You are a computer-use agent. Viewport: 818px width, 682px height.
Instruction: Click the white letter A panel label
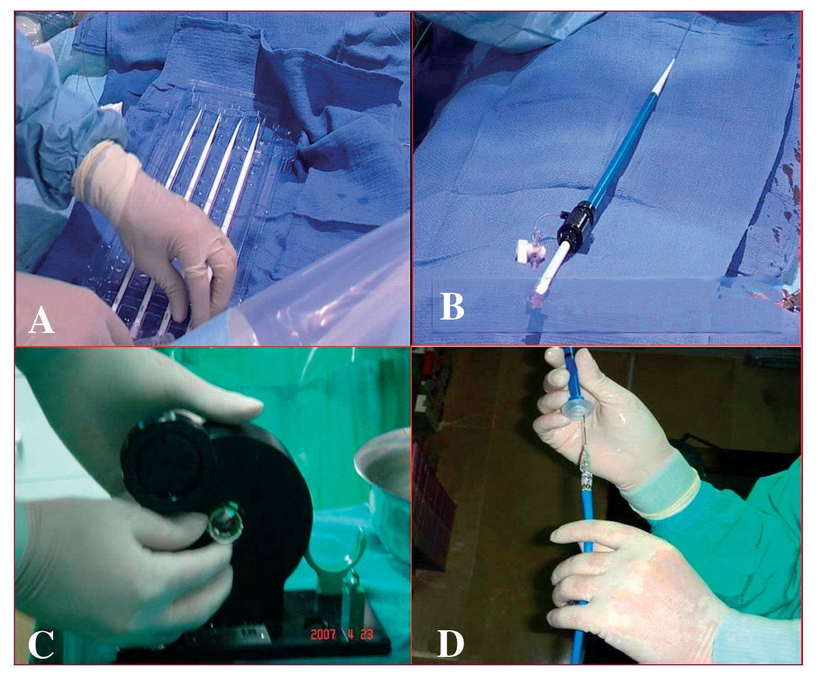[41, 320]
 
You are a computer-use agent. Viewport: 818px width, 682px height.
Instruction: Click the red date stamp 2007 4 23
[342, 635]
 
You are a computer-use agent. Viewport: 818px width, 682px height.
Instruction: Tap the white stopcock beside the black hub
[524, 251]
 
